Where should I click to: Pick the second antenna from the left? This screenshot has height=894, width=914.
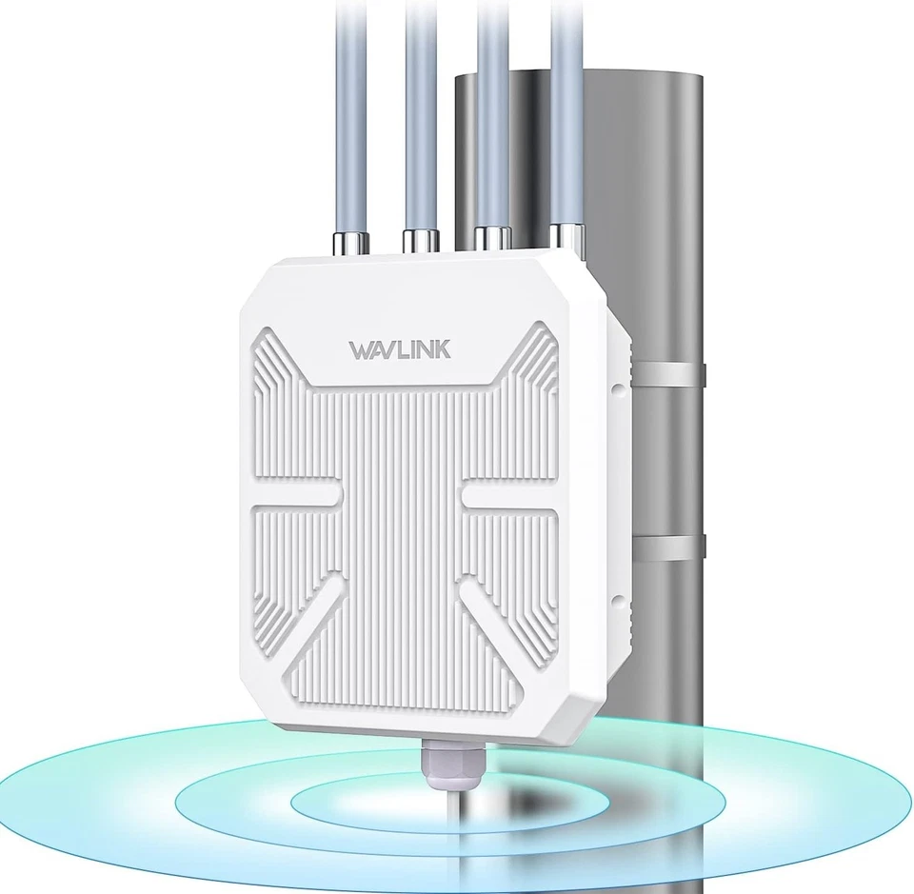419,114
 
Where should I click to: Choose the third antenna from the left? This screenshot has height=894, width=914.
492,114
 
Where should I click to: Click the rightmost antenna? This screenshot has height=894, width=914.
566,114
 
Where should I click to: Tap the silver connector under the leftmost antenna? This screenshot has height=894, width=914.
345,244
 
